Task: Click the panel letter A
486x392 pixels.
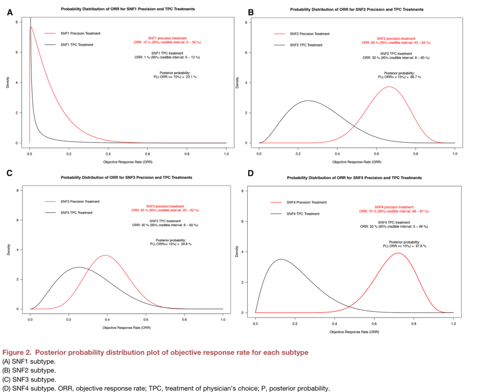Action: [9, 12]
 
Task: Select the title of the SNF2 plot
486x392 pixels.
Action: [356, 9]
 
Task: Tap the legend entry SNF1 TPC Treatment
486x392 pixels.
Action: [76, 45]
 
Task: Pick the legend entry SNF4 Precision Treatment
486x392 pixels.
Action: [306, 202]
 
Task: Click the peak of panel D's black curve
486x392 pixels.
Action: [281, 259]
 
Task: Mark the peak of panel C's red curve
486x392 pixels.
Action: [105, 255]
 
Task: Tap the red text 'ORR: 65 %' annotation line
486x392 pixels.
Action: [396, 43]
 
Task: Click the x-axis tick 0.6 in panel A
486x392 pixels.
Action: [148, 154]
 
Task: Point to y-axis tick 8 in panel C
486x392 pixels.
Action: [17, 190]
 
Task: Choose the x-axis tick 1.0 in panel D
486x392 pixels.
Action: [453, 323]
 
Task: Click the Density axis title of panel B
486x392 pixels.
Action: [237, 83]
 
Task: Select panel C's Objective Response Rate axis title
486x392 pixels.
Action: [126, 327]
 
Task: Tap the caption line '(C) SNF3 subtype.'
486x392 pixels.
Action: [29, 379]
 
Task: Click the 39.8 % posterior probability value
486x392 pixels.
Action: [185, 244]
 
